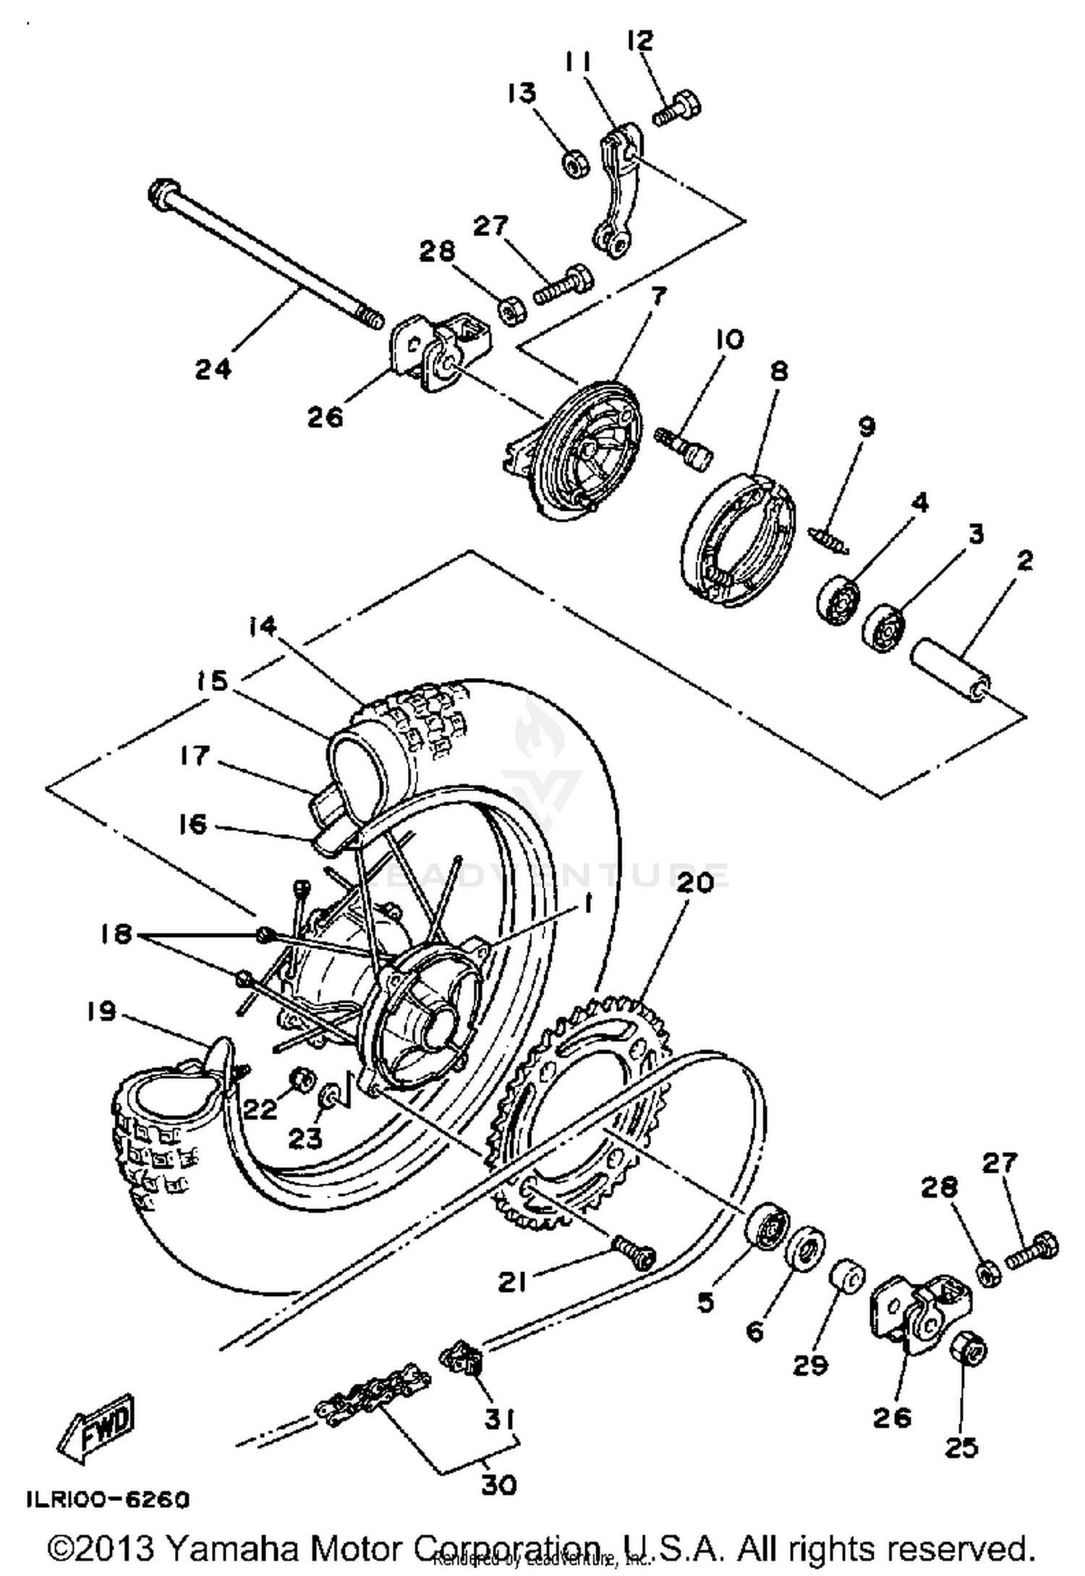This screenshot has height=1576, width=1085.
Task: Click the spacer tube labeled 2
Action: (x=951, y=669)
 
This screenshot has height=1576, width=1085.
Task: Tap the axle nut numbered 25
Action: (x=969, y=1347)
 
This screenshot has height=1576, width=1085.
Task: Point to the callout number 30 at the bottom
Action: (x=498, y=1485)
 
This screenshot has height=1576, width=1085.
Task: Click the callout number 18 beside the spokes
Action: (x=116, y=934)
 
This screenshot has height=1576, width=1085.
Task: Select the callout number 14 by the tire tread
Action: (x=263, y=626)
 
